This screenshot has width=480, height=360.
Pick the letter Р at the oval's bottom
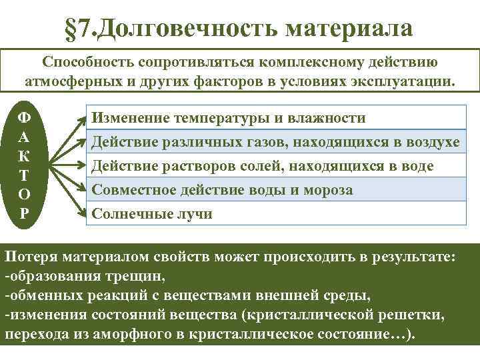click(23, 214)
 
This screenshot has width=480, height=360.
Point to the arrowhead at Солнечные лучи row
click(83, 213)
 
